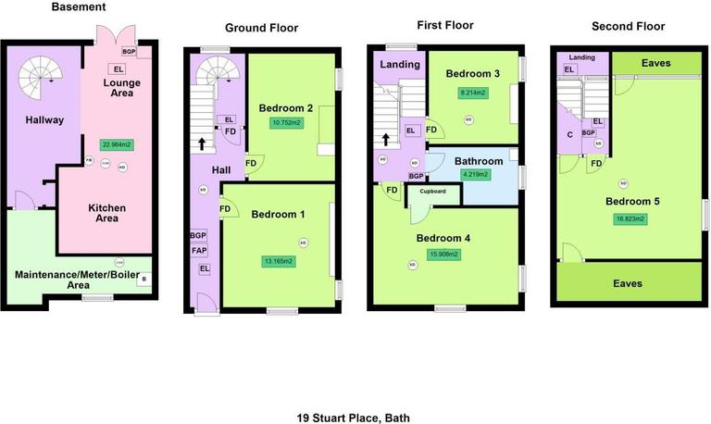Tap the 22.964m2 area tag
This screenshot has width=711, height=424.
pyautogui.click(x=117, y=143)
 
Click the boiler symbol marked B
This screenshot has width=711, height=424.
pyautogui.click(x=143, y=278)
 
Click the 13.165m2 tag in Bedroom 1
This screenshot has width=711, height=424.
pyautogui.click(x=277, y=261)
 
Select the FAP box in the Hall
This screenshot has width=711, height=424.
pyautogui.click(x=199, y=250)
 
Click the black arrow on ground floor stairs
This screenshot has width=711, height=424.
pyautogui.click(x=200, y=144)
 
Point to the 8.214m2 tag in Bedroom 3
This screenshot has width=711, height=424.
pyautogui.click(x=473, y=93)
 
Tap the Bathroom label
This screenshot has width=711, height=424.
pyautogui.click(x=479, y=160)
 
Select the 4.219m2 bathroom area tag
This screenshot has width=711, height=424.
pyautogui.click(x=478, y=174)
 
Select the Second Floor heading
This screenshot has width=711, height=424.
pyautogui.click(x=630, y=26)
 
